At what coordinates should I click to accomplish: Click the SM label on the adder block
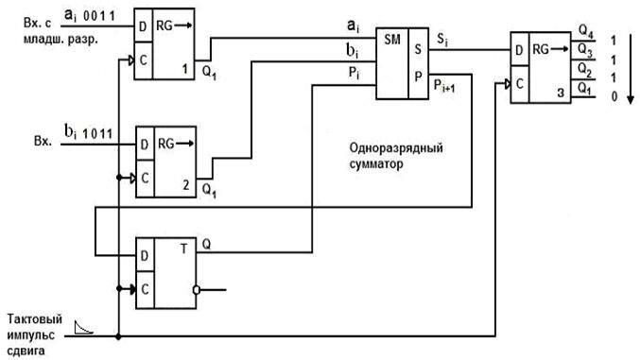click(x=389, y=40)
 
